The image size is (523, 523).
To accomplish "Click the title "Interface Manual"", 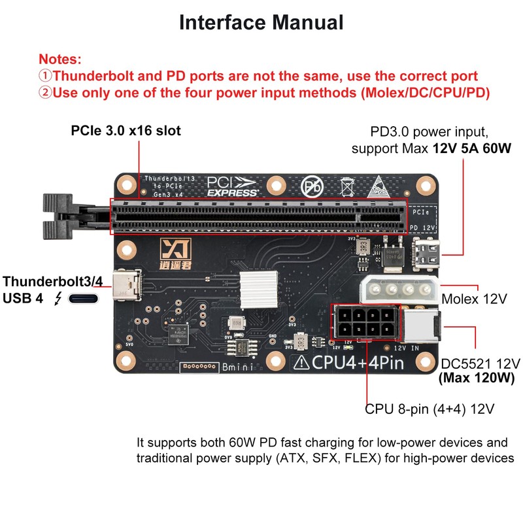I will point(261,22).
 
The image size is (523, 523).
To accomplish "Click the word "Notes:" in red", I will point(60,59).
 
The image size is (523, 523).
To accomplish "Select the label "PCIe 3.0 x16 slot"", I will point(126,131).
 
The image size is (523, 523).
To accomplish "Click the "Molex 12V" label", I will point(475,299).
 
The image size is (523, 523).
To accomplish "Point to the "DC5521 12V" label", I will point(481,363).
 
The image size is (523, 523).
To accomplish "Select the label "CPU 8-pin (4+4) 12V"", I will point(430,409).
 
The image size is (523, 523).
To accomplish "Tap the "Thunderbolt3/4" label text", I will point(53,282).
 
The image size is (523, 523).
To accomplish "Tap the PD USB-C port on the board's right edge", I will point(426,254).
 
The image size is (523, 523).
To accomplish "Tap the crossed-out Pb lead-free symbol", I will point(313,186).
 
